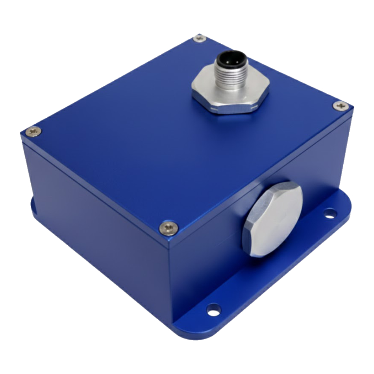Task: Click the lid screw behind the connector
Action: (200, 38)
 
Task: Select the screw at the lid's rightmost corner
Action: (339, 105)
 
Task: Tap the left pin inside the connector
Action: (224, 61)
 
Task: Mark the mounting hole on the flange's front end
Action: (213, 311)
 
